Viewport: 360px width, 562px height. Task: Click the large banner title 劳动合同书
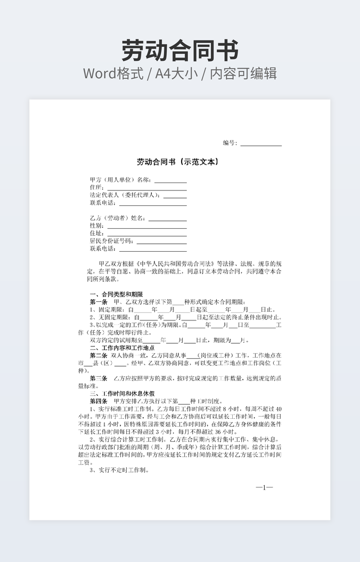(179, 50)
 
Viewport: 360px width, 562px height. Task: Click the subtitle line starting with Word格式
(179, 73)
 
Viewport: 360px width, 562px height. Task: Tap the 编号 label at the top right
(230, 143)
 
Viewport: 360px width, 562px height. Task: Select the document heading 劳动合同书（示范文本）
(178, 162)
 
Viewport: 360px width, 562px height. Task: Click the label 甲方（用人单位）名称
(120, 180)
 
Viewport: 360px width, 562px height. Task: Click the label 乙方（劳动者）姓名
(117, 218)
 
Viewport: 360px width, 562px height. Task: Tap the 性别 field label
(97, 226)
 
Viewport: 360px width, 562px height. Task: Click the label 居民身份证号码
(112, 241)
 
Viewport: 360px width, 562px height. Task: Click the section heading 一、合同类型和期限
(116, 294)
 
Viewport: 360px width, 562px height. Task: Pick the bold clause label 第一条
(99, 302)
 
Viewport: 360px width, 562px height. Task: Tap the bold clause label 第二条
(99, 356)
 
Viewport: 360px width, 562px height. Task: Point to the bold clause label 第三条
(99, 378)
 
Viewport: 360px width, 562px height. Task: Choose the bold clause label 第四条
(99, 401)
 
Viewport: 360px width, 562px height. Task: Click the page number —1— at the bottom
(264, 487)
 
